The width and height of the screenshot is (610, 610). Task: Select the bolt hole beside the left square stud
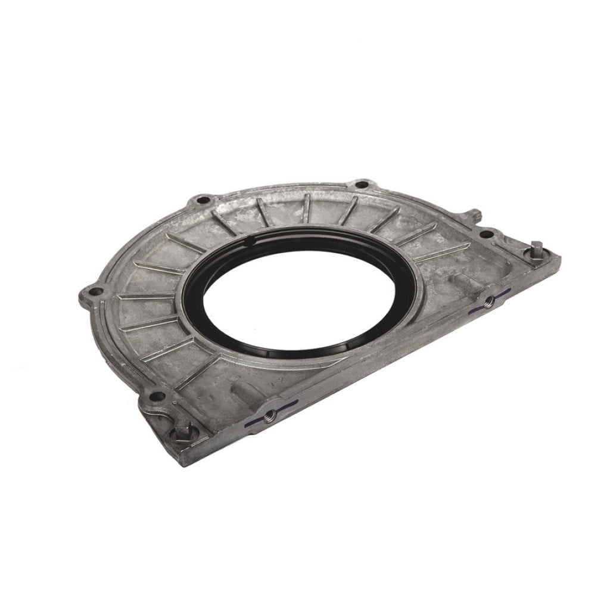(156, 396)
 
